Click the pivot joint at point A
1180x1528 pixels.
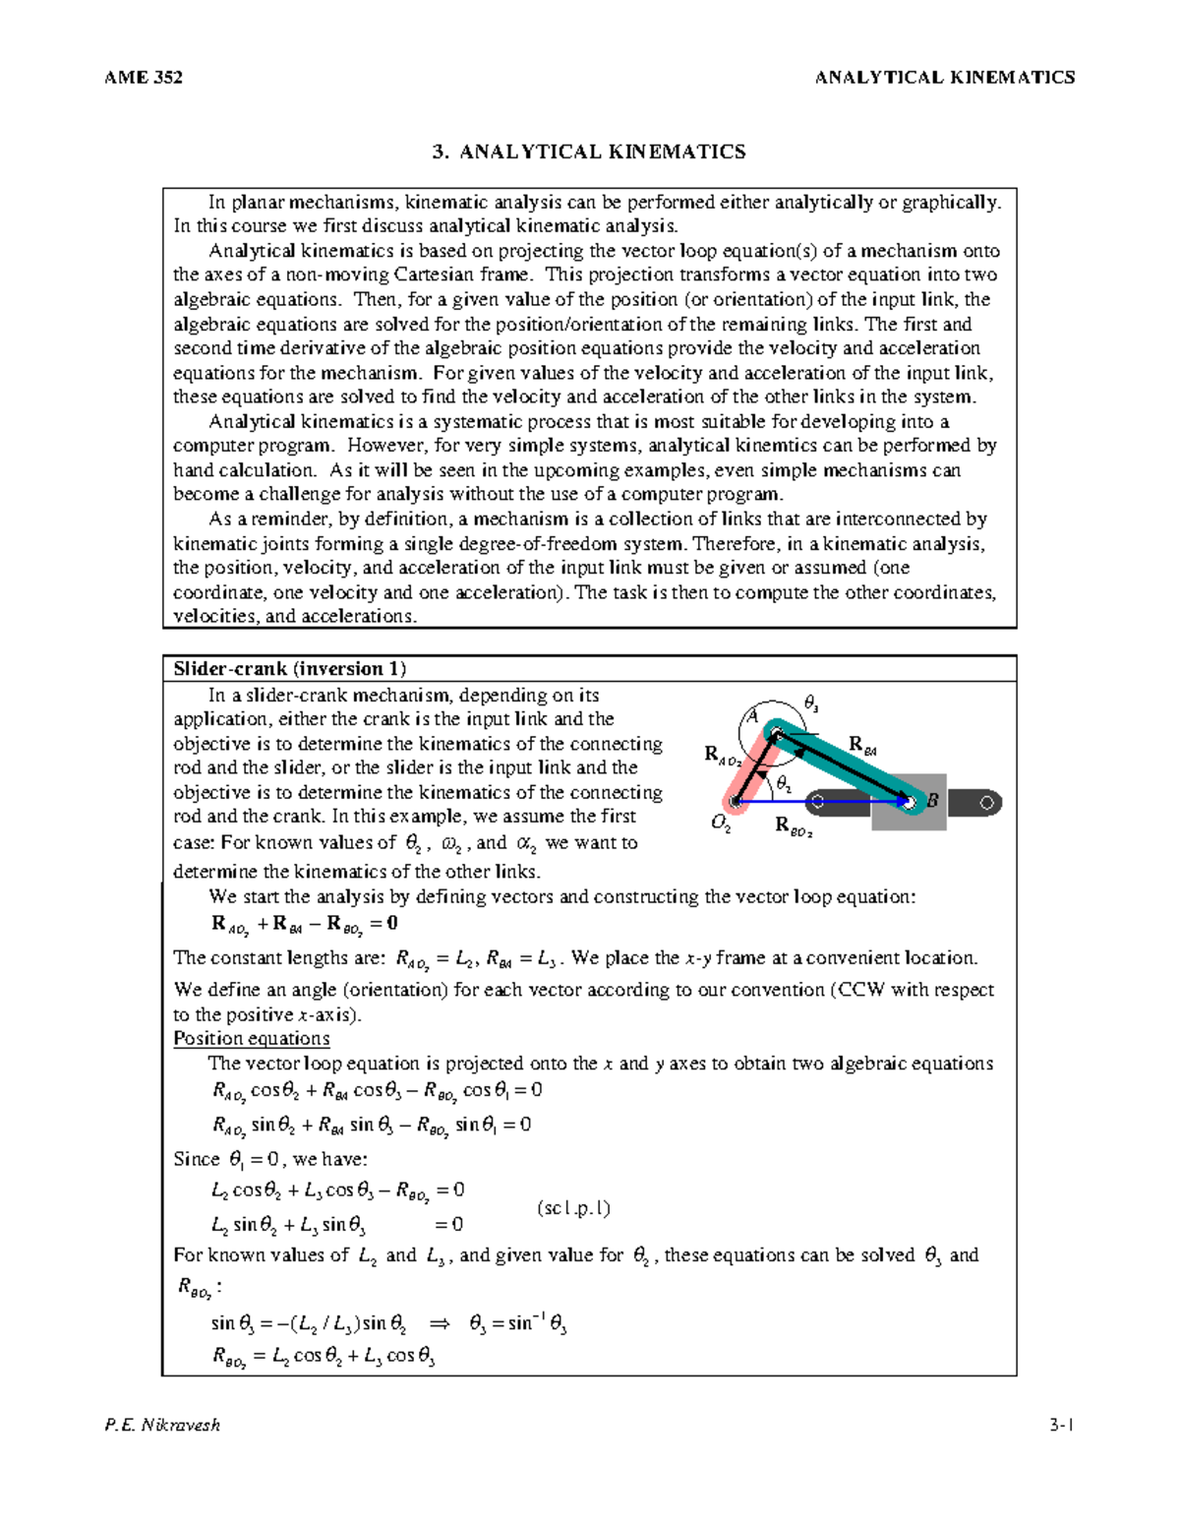point(776,733)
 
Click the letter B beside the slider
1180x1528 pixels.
point(932,801)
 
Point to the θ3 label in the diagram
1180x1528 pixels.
point(811,703)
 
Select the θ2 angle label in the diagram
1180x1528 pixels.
point(784,783)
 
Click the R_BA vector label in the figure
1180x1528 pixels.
point(861,745)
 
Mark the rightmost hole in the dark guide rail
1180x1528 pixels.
point(987,803)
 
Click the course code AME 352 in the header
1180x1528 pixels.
point(143,78)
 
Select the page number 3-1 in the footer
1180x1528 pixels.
point(1061,1425)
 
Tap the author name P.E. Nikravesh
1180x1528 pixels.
point(162,1425)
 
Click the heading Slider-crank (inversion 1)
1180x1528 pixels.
point(289,669)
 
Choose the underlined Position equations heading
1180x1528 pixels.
point(252,1038)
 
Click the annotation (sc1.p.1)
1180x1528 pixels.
point(573,1208)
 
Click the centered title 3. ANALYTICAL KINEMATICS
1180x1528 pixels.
point(589,152)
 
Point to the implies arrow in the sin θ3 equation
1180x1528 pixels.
point(439,1324)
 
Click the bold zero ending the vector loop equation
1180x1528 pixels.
point(391,923)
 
